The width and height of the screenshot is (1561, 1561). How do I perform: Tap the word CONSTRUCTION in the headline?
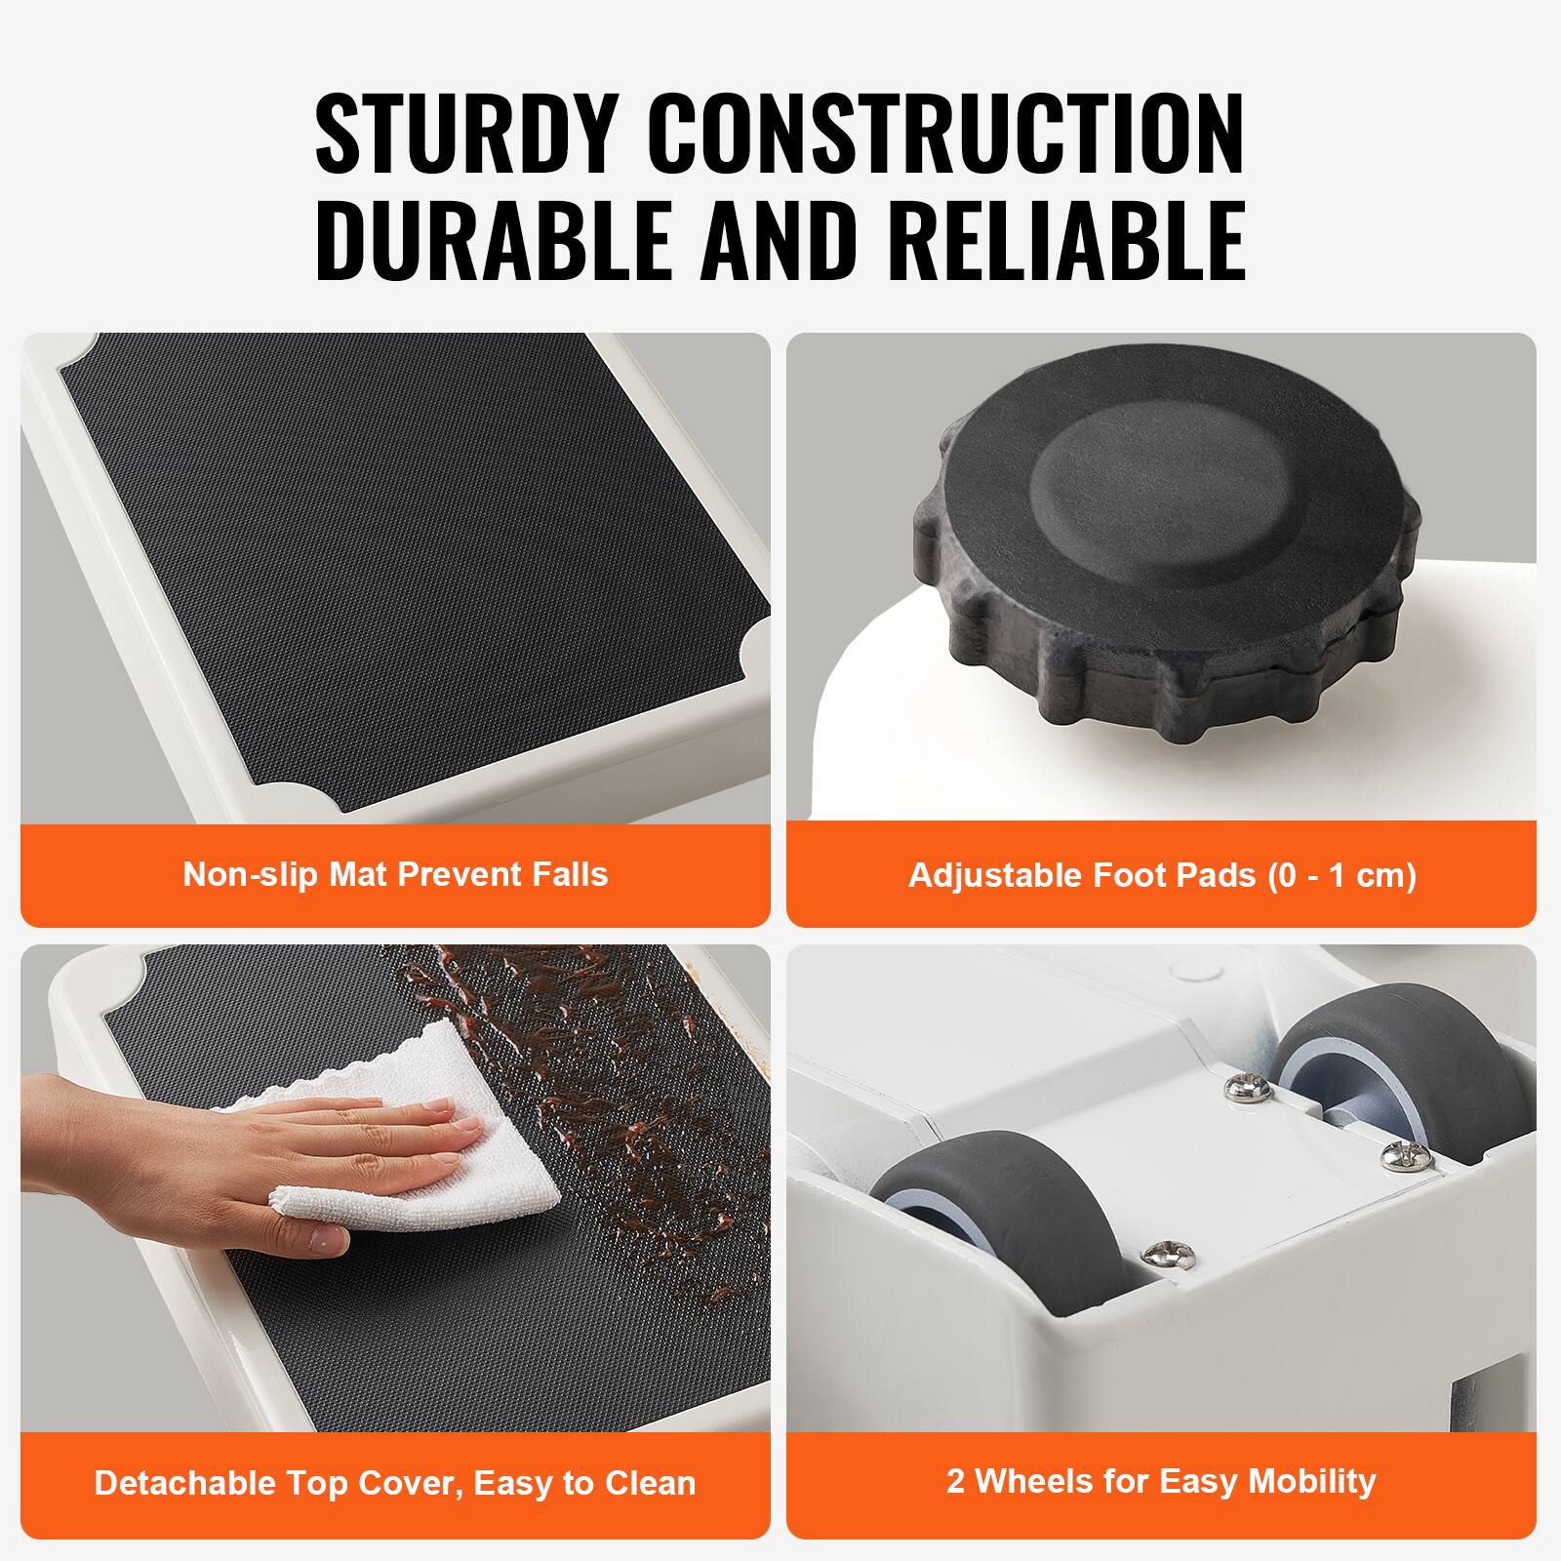point(946,135)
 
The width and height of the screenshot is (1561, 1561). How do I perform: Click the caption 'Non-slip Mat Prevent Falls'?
point(395,874)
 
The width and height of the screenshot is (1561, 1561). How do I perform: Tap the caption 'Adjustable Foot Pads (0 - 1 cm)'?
point(1161,875)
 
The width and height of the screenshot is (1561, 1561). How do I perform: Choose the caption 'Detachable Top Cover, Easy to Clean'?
point(395,1483)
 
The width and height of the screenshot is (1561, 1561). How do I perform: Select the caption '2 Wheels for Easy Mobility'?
point(1161,1481)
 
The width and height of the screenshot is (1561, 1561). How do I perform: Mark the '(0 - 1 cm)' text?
point(1341,875)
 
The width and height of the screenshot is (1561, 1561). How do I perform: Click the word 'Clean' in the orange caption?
point(651,1483)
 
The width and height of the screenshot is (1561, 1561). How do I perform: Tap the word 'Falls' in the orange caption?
point(571,874)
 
